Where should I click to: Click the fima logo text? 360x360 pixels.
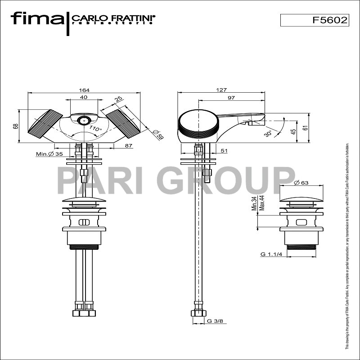coord(37,18)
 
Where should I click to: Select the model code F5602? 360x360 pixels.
coord(330,20)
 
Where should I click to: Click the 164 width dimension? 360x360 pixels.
coord(84,90)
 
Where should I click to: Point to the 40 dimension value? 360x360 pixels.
coord(84,97)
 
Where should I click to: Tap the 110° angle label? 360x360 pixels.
coord(95,129)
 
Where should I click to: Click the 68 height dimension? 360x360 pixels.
coord(15,126)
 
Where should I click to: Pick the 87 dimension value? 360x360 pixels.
coord(129,145)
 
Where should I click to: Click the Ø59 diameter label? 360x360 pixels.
coord(158,135)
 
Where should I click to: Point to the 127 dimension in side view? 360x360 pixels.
coord(221,90)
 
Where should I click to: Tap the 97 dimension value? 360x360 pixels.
coord(231,98)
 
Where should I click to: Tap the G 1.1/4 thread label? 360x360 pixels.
coord(271,254)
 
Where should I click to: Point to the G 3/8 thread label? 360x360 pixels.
coord(214,321)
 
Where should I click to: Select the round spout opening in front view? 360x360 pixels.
coord(83,121)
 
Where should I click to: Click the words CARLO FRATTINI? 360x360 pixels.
coord(113,18)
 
